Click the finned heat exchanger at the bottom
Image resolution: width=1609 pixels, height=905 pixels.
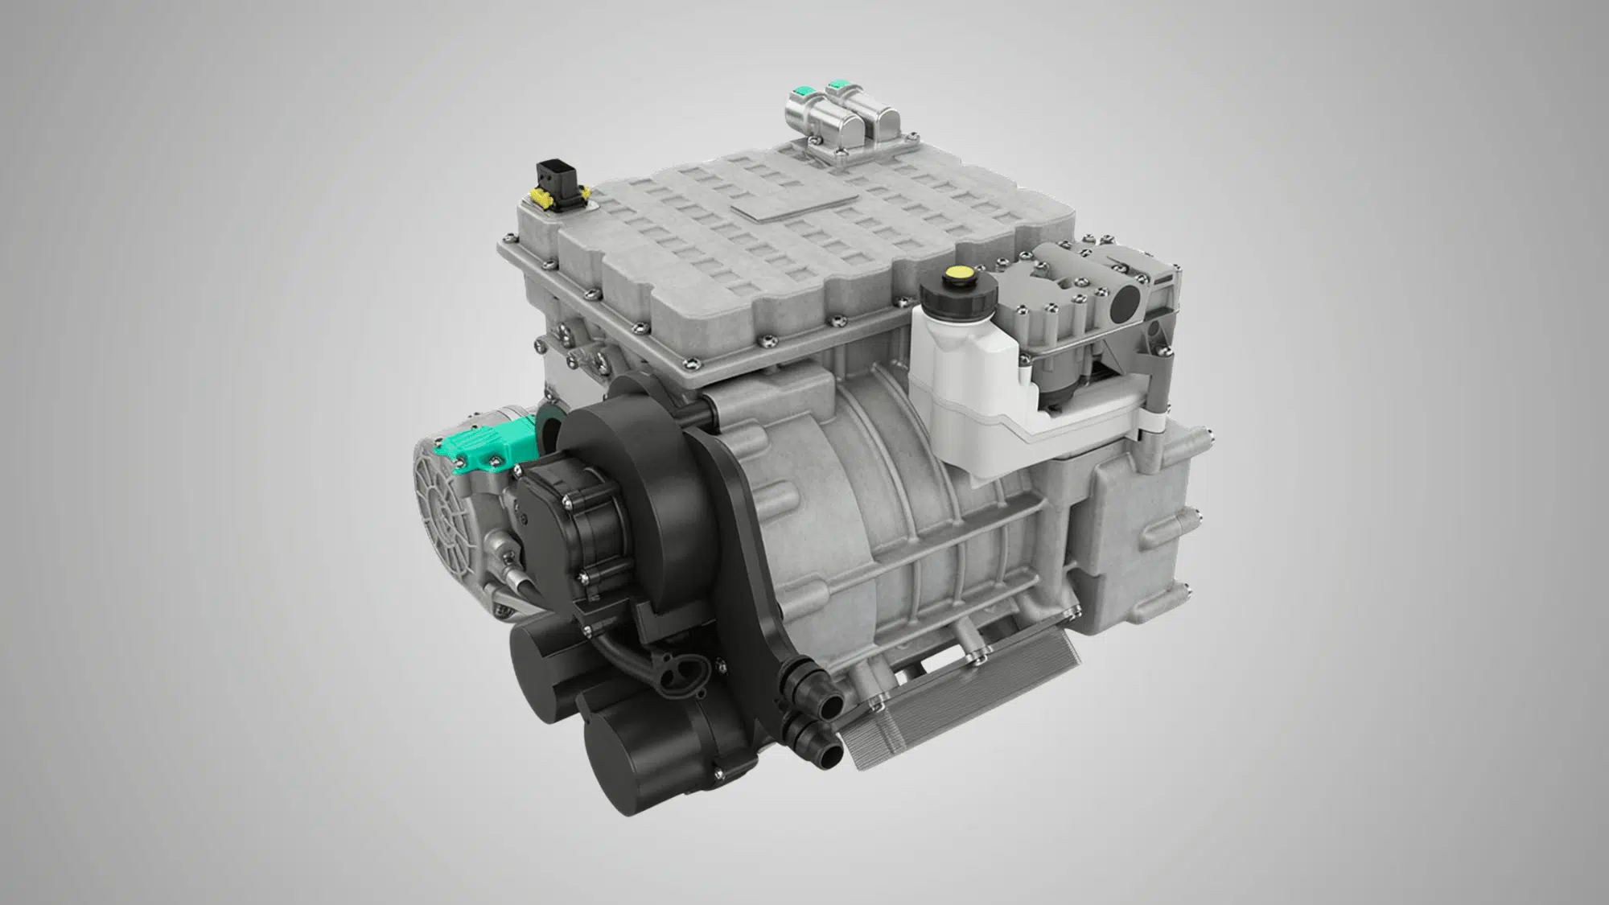click(957, 708)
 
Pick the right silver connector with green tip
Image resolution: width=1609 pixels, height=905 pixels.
click(873, 113)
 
